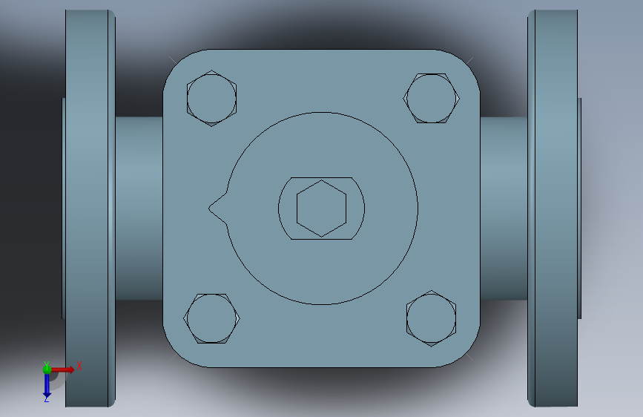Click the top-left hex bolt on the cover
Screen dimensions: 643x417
pos(211,99)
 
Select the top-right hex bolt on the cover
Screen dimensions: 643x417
pos(432,99)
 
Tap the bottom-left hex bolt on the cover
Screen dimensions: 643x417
pos(211,318)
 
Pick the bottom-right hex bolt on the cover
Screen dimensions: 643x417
pos(432,318)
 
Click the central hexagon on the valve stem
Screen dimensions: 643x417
pos(322,208)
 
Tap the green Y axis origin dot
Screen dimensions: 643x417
pos(47,370)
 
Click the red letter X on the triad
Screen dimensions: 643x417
pos(79,366)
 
